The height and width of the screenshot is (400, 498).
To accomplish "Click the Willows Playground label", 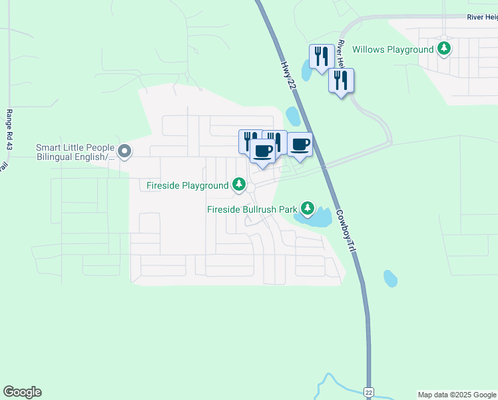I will [393, 49].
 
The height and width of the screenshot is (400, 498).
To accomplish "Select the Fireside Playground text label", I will [187, 184].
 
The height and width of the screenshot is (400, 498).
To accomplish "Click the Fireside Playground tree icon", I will [238, 185].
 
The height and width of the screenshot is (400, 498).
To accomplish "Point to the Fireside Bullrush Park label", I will [252, 209].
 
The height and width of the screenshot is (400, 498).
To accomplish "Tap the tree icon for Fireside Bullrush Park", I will [307, 209].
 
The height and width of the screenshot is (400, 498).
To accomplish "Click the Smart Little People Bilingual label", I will [75, 152].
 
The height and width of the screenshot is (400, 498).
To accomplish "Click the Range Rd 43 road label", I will [10, 129].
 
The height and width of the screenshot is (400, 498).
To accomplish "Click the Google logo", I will [22, 392].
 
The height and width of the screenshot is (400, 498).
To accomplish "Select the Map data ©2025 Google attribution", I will [457, 395].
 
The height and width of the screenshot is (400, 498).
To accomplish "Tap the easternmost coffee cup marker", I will [300, 145].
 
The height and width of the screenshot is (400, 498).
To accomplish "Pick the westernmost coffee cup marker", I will [263, 151].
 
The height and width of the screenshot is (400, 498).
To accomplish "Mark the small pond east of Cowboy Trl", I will [391, 278].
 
